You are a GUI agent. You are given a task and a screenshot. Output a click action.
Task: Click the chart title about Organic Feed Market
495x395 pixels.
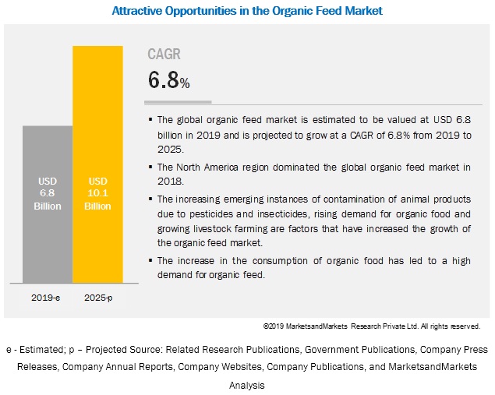247,12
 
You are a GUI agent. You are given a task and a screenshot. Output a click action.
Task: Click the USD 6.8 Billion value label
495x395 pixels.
47,193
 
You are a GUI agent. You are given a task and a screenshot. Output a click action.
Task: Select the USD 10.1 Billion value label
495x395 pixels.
97,193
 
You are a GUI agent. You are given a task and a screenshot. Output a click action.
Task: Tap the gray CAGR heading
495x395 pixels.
164,55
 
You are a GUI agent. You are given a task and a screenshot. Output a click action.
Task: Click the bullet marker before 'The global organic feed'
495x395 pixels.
150,120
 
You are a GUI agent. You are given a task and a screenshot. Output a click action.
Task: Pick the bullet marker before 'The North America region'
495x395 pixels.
150,167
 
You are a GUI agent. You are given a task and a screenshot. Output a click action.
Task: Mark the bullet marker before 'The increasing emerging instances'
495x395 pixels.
150,199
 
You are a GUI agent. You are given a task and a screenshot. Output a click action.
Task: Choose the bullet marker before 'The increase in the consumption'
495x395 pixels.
150,260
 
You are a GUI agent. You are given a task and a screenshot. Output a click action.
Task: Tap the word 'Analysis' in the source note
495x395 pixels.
247,385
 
